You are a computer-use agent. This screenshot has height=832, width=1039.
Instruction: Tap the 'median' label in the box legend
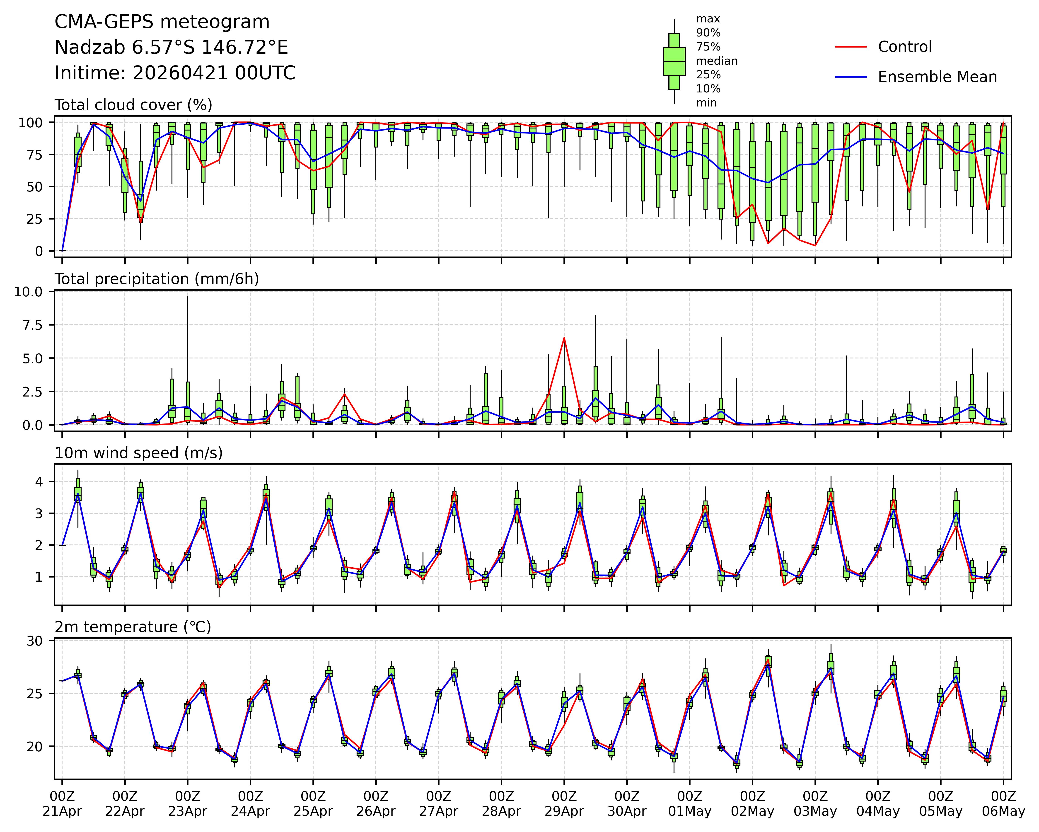pos(717,61)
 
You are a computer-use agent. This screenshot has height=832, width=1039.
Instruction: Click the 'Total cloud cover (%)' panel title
pos(133,105)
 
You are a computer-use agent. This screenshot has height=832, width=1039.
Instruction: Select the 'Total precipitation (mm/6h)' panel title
pos(157,279)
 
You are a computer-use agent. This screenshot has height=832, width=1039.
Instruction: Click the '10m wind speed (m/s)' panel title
pos(138,453)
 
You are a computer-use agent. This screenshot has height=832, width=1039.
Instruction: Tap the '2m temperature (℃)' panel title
pos(133,627)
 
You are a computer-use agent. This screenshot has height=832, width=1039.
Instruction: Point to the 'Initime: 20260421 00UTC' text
pos(175,73)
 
